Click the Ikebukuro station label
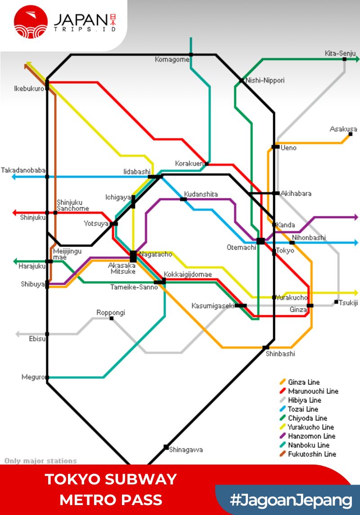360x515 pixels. point(29,89)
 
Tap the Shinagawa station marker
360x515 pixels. point(166,447)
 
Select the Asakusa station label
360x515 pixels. point(343,129)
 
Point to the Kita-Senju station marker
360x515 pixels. point(344,59)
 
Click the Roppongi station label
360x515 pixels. point(111,313)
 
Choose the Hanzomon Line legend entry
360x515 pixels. point(311,436)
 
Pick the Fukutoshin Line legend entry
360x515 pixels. point(312,454)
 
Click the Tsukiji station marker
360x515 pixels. point(336,302)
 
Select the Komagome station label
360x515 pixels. point(172,59)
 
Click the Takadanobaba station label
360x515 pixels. point(23,170)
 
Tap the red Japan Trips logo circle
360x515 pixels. point(31,21)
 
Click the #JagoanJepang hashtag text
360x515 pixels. point(291,500)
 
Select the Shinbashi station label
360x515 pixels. point(280,354)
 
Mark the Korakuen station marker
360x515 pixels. point(207,164)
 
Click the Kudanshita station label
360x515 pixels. point(201,194)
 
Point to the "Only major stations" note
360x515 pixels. point(40,461)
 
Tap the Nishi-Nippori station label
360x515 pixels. point(265,81)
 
